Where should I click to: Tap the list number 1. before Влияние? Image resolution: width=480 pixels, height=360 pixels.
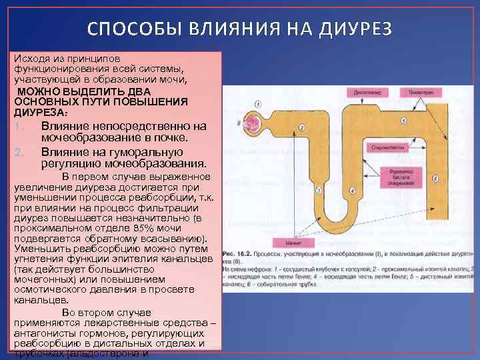(x=20, y=127)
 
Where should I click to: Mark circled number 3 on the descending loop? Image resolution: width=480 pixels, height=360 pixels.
(x=319, y=191)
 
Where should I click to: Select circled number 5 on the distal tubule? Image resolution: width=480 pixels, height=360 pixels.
(x=403, y=120)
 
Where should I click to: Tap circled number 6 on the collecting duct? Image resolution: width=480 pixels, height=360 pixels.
(x=435, y=179)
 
